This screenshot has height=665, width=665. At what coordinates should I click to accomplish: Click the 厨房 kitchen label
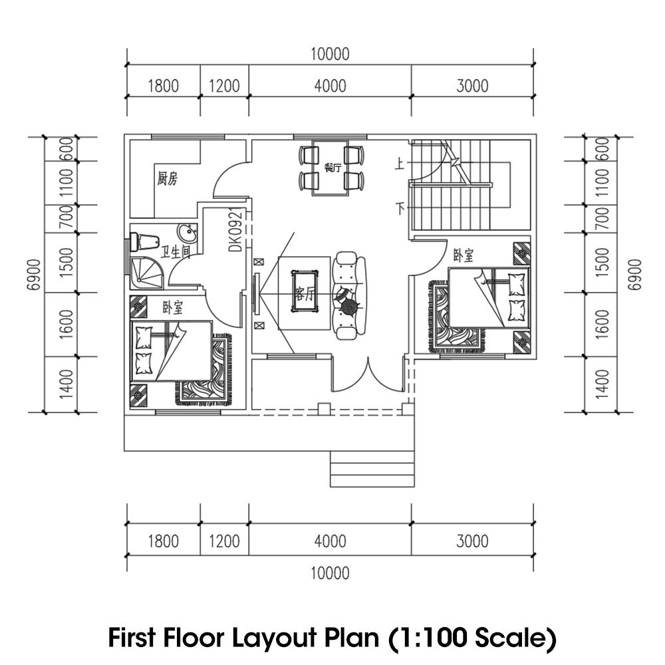coord(167,178)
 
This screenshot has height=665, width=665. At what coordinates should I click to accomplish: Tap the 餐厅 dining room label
coord(332,167)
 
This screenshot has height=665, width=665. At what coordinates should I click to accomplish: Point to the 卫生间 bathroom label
coord(176,252)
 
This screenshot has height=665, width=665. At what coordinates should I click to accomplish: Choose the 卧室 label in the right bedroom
coord(464,255)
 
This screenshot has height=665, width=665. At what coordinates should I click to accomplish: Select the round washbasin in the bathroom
coord(187,233)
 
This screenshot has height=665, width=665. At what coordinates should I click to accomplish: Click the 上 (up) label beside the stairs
coord(399,164)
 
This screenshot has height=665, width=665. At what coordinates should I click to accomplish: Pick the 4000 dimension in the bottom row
coord(330,541)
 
